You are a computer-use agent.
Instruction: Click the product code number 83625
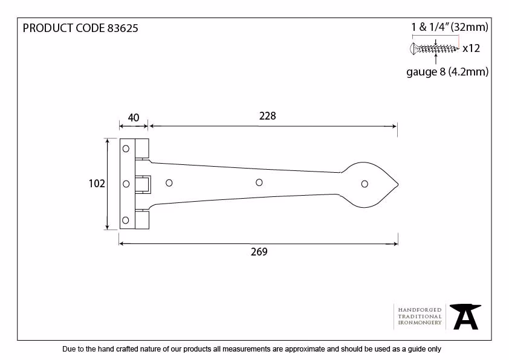point(122,28)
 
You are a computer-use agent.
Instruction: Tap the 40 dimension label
point(134,117)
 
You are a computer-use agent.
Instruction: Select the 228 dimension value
point(267,116)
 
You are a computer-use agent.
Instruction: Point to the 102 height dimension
point(97,184)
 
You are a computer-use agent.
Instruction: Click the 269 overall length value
point(259,252)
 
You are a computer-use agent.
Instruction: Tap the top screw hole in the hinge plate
point(126,149)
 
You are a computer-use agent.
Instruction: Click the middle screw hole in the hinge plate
point(126,184)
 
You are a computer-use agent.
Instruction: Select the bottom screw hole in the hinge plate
point(125,220)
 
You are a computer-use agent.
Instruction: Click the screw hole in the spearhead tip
point(365,184)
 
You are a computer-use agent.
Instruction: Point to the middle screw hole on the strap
point(259,182)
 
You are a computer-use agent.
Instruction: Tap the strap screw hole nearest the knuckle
point(169,183)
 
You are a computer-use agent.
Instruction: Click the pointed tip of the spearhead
point(398,185)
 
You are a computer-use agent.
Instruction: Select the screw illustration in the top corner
point(434,49)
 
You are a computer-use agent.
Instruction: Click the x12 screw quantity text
point(471,48)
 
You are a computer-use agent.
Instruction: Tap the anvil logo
point(465,317)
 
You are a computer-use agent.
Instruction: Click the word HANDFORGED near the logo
point(420,310)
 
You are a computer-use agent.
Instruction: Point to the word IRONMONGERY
point(420,323)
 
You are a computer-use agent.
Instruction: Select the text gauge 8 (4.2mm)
point(447,72)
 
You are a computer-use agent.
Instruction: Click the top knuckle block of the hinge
point(142,148)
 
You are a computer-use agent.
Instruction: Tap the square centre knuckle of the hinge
point(143,184)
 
